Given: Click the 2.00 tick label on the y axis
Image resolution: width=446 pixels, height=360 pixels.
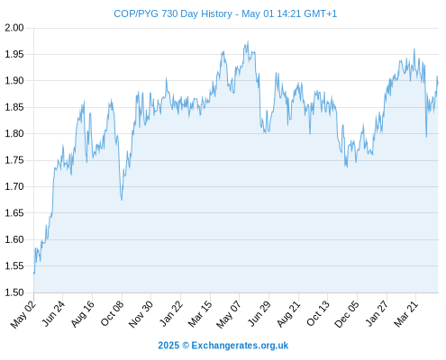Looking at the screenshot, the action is click(x=14, y=28).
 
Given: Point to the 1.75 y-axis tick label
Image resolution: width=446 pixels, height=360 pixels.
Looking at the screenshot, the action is click(x=14, y=160).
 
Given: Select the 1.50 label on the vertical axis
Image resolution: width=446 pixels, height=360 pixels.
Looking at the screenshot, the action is click(x=14, y=292).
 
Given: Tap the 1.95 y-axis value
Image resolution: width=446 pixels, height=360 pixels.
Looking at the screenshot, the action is click(x=14, y=54).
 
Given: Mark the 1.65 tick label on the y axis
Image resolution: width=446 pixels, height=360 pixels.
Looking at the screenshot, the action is click(x=14, y=213).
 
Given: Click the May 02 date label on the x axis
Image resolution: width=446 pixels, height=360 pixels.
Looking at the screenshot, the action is click(x=23, y=314).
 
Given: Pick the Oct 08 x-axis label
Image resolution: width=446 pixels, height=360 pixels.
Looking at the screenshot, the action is click(x=112, y=313).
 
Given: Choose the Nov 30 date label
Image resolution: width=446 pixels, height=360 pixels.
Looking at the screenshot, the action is click(x=141, y=314).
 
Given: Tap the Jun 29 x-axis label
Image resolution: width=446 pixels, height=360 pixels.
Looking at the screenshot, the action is click(x=259, y=313).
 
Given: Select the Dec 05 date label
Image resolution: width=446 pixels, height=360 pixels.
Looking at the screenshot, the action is click(x=347, y=314).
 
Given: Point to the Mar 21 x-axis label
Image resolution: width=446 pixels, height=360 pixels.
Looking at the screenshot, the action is click(x=406, y=313).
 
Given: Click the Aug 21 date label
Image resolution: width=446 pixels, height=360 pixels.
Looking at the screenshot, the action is click(x=288, y=314).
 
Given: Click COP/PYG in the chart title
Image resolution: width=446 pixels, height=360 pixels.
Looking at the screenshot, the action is click(x=136, y=13).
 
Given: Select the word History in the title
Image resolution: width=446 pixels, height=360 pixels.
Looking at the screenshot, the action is click(x=216, y=14).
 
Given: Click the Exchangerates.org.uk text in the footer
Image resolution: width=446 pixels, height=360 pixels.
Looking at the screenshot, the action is click(x=240, y=346).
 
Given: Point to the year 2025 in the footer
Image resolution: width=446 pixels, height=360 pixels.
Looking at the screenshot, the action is click(x=168, y=346).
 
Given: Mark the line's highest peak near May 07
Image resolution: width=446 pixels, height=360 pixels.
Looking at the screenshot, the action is click(x=248, y=40).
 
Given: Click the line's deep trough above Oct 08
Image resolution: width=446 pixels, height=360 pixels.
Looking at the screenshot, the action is click(x=122, y=200).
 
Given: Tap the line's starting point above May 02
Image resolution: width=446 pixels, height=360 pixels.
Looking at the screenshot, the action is click(x=34, y=274).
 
